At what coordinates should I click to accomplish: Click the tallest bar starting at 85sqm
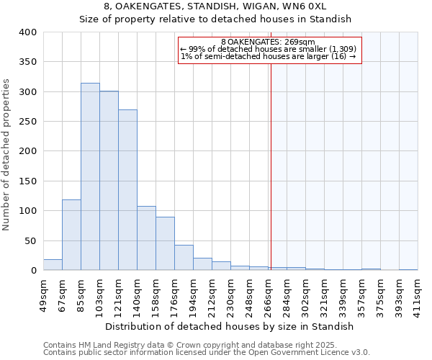click(x=90, y=176)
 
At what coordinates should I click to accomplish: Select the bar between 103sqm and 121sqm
click(x=109, y=181)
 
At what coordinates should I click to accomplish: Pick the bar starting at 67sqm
click(x=71, y=235)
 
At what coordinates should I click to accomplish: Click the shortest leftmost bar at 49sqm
click(x=53, y=265)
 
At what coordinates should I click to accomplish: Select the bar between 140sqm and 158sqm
click(x=146, y=238)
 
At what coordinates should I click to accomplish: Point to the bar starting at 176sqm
click(x=184, y=258)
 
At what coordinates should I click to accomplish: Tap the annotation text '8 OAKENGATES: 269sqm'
click(x=269, y=42)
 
